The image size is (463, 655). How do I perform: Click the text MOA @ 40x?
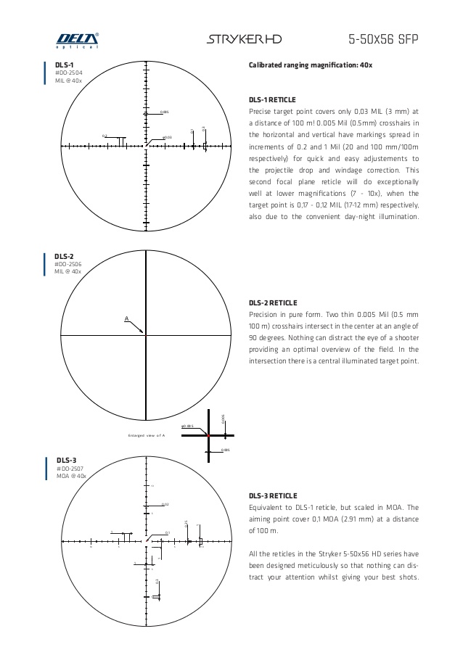(x=71, y=476)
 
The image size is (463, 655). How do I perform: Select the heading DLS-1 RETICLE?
(x=272, y=99)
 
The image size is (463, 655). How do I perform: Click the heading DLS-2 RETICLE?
(x=272, y=302)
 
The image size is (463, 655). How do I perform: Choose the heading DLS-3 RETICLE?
(x=272, y=495)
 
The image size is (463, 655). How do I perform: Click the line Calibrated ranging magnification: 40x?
(x=311, y=65)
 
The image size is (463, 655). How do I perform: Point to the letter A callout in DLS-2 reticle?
(x=126, y=318)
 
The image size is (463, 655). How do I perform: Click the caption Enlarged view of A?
(x=147, y=434)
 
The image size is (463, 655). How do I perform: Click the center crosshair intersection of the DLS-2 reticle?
(x=147, y=334)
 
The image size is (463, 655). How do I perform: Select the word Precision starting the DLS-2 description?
(x=265, y=314)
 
